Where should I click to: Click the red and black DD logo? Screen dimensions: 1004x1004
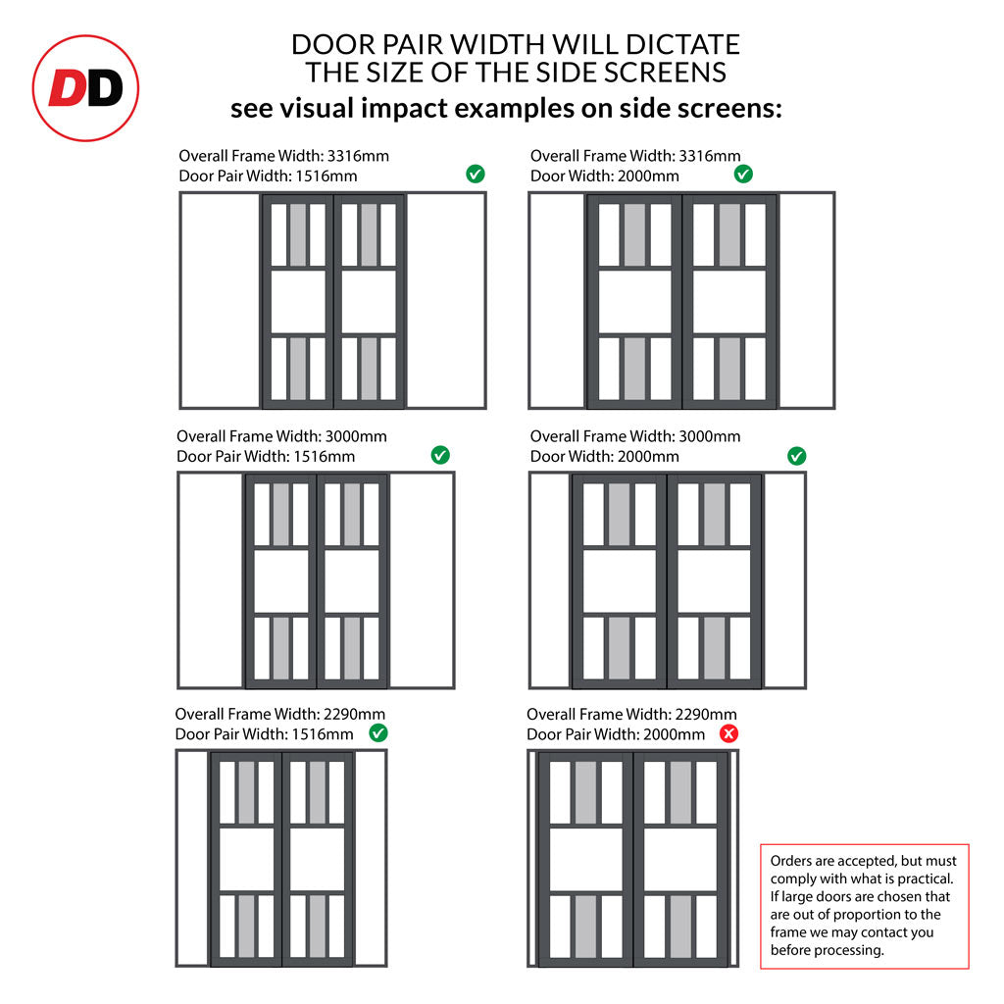tap(86, 88)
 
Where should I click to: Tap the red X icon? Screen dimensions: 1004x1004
tap(728, 733)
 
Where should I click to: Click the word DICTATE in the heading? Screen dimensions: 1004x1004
tap(683, 45)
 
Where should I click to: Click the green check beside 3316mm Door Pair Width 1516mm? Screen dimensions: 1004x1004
tap(476, 174)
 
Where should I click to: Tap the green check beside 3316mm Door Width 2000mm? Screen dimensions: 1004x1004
tap(743, 174)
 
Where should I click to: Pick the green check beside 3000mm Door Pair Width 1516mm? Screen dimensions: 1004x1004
tap(440, 455)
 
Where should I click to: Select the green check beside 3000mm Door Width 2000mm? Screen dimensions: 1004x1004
tap(796, 456)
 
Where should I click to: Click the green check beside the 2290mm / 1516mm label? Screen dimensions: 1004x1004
tap(378, 733)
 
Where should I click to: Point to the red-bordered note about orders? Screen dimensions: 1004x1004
tap(865, 906)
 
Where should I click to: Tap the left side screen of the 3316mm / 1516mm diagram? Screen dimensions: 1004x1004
tap(221, 300)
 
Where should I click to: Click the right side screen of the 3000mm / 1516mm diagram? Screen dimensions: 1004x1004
tap(422, 580)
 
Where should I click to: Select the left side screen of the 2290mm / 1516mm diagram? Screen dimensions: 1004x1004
tap(193, 858)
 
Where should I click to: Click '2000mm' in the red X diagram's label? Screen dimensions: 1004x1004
tap(675, 734)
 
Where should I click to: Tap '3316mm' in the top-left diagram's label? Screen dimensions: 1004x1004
tap(358, 156)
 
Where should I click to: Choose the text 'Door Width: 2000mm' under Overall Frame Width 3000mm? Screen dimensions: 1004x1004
tap(604, 457)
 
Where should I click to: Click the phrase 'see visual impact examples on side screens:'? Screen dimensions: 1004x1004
tap(507, 108)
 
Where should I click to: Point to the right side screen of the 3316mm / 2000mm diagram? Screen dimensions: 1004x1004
tap(806, 300)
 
